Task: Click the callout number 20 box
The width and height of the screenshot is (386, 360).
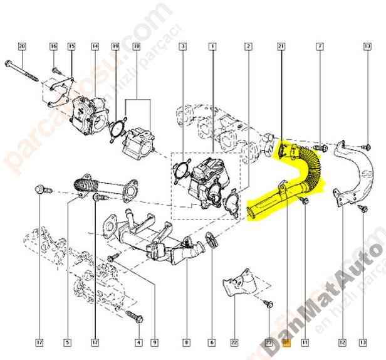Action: click(22, 46)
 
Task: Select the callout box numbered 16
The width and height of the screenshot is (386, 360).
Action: click(53, 46)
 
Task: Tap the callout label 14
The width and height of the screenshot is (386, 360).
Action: click(95, 46)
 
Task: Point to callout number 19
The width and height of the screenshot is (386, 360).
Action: click(115, 46)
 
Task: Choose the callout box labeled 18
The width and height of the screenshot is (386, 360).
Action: click(137, 46)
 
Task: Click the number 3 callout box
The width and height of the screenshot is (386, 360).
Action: click(182, 46)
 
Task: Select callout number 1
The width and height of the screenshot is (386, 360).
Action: click(213, 46)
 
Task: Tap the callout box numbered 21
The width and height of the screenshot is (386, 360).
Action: click(281, 46)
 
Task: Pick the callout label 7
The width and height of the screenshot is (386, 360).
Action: click(320, 46)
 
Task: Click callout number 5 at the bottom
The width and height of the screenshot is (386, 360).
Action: click(66, 342)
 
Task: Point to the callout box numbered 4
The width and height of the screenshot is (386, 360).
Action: click(138, 342)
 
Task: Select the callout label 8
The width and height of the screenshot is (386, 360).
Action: click(186, 342)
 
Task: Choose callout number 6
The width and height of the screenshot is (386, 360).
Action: click(211, 342)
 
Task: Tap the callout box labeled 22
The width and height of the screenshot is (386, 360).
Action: click(234, 342)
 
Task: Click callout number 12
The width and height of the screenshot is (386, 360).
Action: click(342, 342)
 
